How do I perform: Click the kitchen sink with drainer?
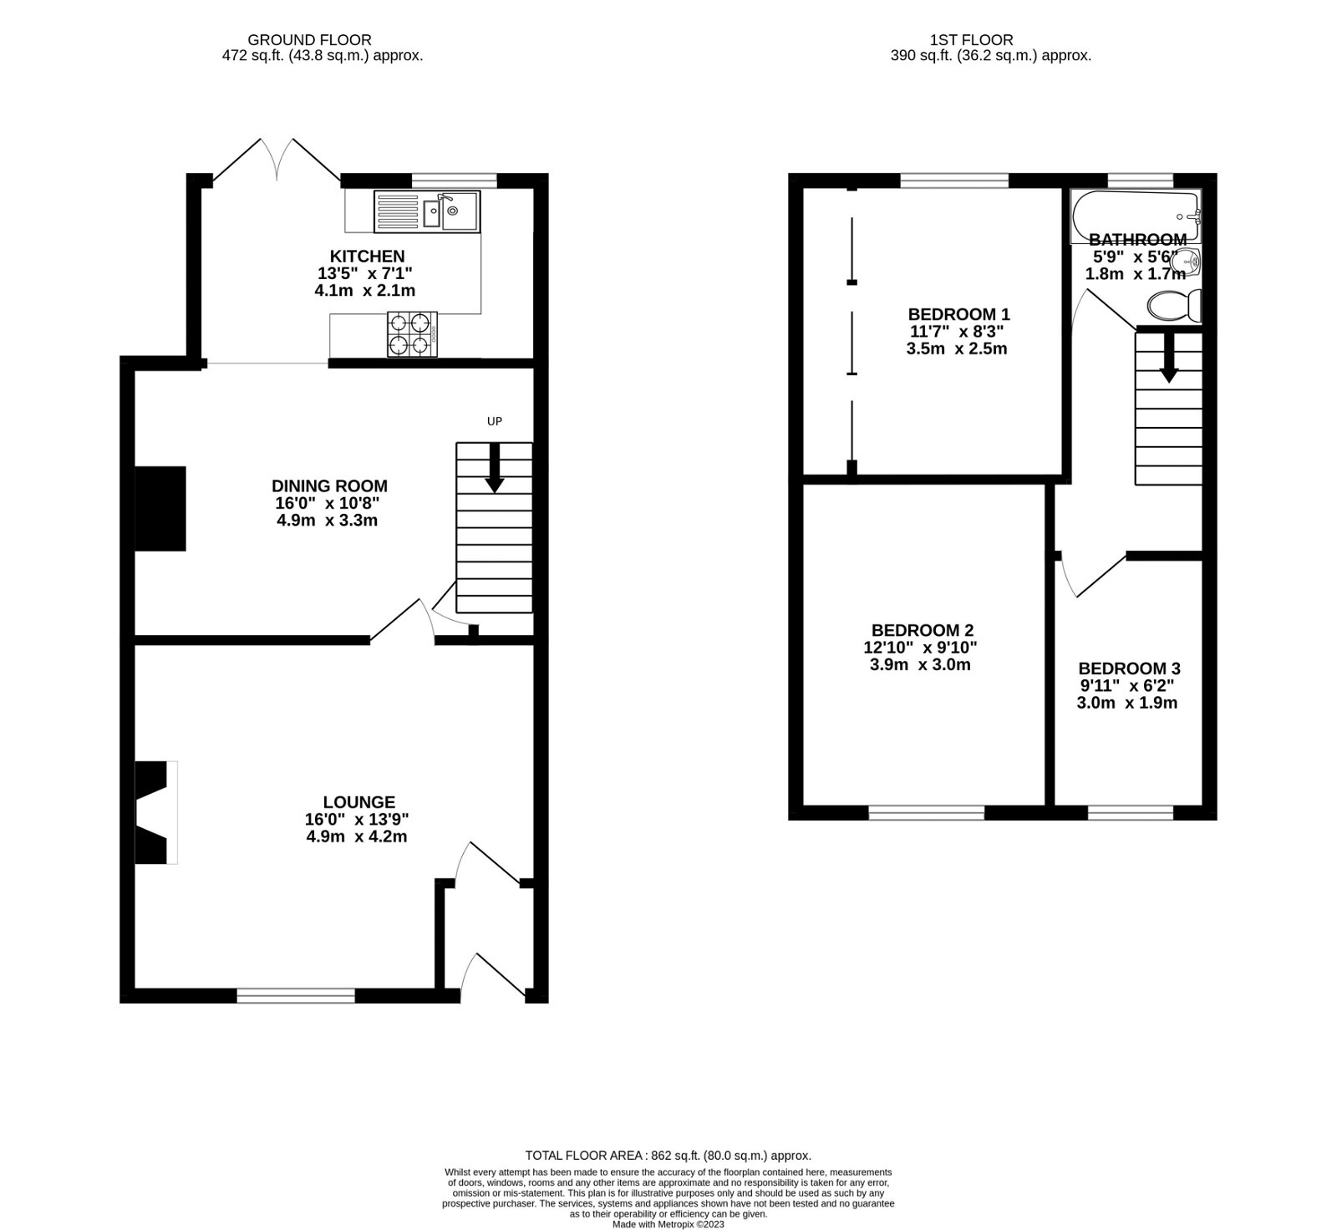(426, 211)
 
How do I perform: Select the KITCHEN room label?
(367, 257)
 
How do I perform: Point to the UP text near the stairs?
(495, 421)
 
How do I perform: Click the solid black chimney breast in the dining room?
(160, 509)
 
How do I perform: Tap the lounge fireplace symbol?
(155, 811)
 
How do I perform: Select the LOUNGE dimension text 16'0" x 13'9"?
(357, 820)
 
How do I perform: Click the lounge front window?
(296, 995)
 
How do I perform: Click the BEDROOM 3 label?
(1129, 668)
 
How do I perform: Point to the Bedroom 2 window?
(927, 812)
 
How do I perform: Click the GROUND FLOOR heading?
(309, 39)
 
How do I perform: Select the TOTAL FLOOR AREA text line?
(668, 1156)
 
